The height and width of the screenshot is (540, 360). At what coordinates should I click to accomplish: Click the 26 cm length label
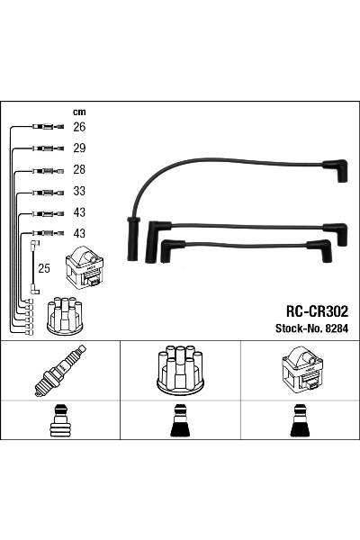point(79,127)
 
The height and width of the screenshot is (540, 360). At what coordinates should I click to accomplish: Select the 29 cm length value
point(79,148)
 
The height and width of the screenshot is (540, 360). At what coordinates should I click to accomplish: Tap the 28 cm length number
point(79,170)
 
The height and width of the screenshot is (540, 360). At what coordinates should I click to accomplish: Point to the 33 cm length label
point(79,191)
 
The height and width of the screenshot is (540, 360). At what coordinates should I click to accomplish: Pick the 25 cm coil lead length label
point(44,268)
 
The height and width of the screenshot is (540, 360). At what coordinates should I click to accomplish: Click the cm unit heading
point(79,112)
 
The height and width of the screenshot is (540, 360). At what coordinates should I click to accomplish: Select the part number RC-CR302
point(318,311)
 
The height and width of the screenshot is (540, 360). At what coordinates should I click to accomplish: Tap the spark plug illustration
point(60,371)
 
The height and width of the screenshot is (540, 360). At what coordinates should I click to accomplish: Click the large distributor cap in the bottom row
point(181,370)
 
